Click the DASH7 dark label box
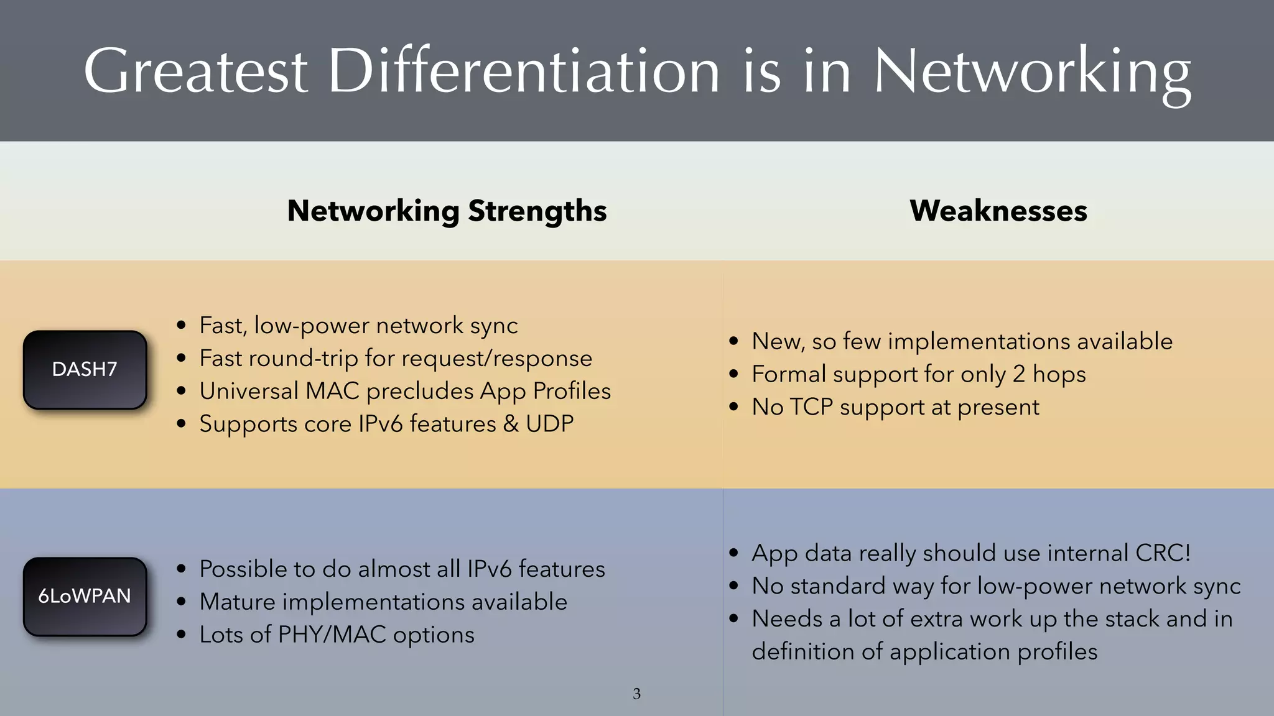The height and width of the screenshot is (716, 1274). pyautogui.click(x=85, y=370)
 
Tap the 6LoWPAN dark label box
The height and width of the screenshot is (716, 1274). pyautogui.click(x=85, y=597)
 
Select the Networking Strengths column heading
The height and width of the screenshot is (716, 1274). pyautogui.click(x=447, y=211)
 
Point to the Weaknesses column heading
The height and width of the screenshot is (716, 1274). pyautogui.click(x=998, y=211)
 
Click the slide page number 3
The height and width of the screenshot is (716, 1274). pyautogui.click(x=636, y=694)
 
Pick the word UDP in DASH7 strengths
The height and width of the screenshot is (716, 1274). pyautogui.click(x=549, y=424)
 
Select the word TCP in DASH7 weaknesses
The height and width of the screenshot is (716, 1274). pyautogui.click(x=811, y=407)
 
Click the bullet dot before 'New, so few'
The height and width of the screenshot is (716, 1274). pyautogui.click(x=734, y=341)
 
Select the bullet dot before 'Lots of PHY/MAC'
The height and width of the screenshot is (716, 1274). pyautogui.click(x=181, y=635)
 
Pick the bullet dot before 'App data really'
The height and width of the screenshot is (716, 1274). pyautogui.click(x=734, y=553)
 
